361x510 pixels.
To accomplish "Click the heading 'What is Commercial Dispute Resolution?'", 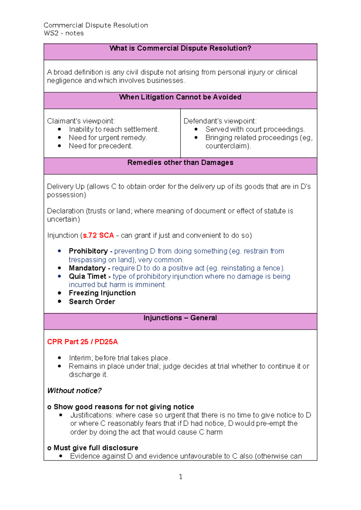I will (x=180, y=48).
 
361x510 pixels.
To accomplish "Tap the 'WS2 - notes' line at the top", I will (x=64, y=33).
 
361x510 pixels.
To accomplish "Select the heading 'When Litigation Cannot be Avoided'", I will (x=180, y=97).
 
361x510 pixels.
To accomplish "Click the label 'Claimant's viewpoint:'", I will (x=81, y=121).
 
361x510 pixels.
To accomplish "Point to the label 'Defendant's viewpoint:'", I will (x=220, y=121).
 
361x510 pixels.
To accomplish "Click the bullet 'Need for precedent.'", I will (x=100, y=146).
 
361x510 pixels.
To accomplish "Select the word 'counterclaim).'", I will (x=228, y=146).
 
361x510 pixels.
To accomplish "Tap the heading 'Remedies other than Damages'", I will (x=180, y=163).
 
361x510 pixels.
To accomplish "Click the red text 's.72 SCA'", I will (x=98, y=235).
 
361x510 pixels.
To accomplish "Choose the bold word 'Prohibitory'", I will (x=88, y=251).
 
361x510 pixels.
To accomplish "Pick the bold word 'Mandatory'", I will (x=87, y=268).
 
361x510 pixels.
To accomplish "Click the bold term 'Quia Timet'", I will (x=87, y=276).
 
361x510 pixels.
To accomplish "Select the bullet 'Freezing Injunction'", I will (x=102, y=293).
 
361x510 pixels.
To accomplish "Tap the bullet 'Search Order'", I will (x=92, y=302).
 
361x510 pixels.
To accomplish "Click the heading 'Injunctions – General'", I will (x=180, y=318).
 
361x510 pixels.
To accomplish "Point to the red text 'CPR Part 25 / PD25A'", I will (x=82, y=342).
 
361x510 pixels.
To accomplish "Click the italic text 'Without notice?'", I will (x=74, y=391).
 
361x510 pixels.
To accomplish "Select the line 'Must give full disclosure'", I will (x=96, y=448).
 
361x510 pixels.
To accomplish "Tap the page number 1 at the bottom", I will (x=180, y=477).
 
